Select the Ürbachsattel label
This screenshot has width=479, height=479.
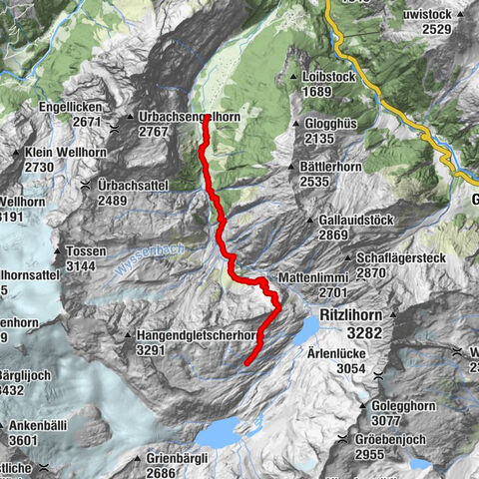tap(140, 185)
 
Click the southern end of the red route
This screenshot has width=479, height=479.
tap(245, 366)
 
